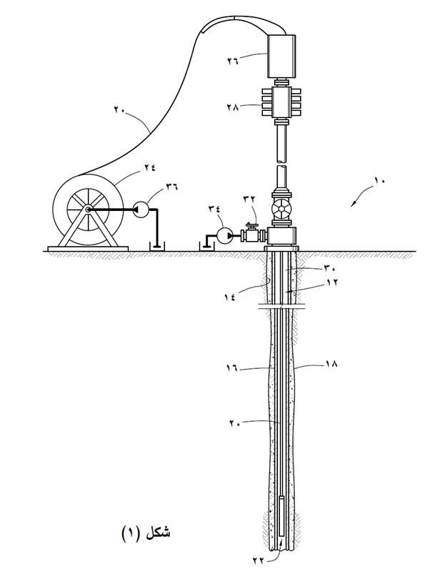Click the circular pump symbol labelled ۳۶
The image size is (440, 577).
[x=141, y=209]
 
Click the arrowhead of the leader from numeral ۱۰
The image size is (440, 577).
[x=351, y=206]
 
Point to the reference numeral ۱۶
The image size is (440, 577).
[x=233, y=369]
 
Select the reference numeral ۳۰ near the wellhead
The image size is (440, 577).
[x=330, y=269]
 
